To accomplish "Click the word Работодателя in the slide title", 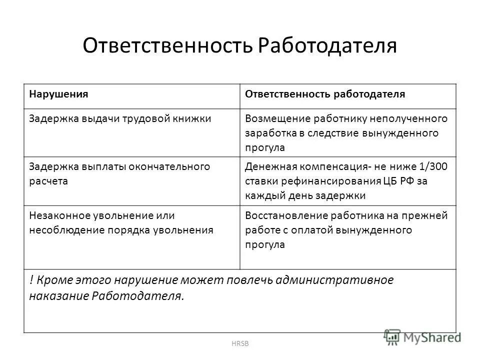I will [x=328, y=46].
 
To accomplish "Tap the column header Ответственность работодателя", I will [x=324, y=94].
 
